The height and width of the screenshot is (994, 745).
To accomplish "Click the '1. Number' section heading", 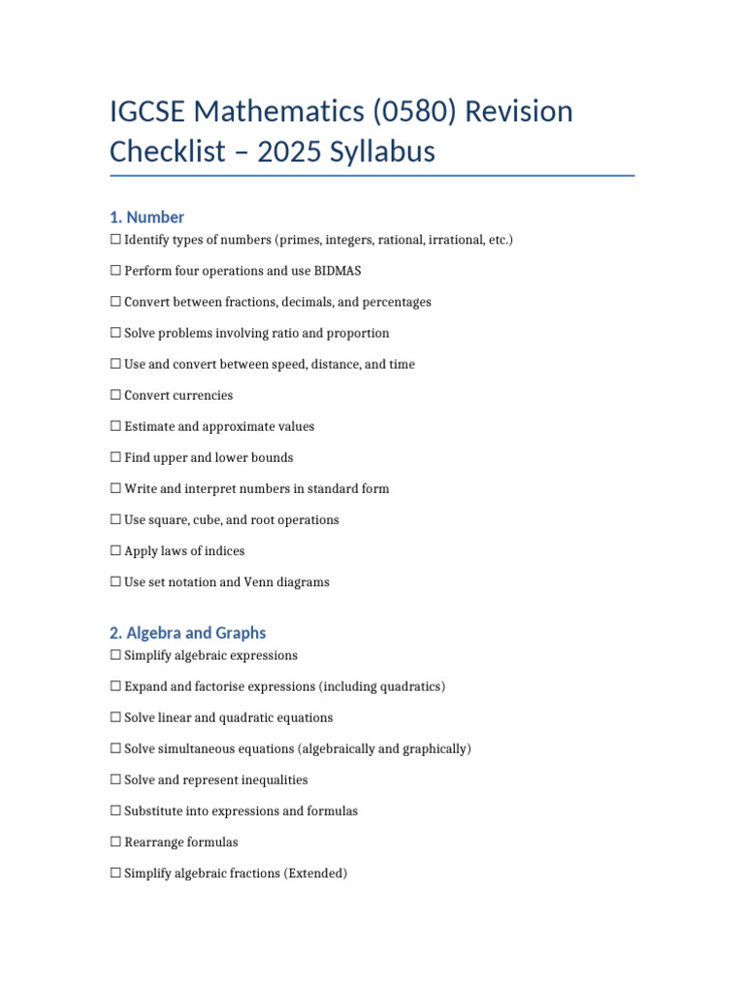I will (147, 217).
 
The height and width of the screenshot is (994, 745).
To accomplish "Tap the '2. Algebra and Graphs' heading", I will (188, 633).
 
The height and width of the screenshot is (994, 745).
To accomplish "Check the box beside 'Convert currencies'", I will (116, 396).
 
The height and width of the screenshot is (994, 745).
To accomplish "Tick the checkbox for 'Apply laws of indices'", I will (116, 551).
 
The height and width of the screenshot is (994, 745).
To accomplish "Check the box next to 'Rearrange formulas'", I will (116, 843).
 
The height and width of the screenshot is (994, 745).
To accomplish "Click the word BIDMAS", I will (338, 271).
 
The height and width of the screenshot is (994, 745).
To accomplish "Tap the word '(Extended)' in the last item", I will (315, 874).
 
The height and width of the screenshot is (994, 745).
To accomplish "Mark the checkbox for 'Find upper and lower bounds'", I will (116, 458).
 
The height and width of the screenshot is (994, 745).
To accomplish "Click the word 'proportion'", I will (358, 333).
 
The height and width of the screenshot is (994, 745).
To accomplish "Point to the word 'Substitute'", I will (154, 812).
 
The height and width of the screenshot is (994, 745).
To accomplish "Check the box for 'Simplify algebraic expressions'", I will (116, 656).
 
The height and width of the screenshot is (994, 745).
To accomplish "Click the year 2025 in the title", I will (290, 151).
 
